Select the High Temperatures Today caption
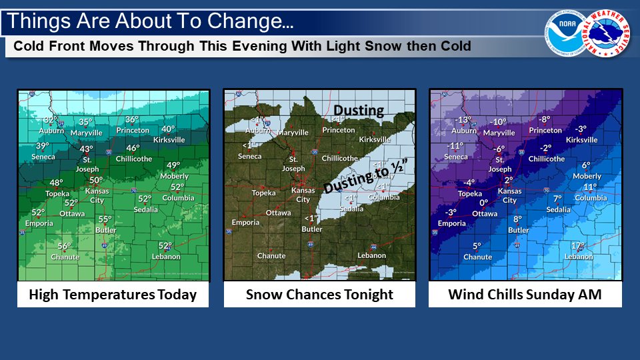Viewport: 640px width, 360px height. click(x=113, y=295)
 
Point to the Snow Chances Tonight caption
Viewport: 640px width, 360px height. click(x=319, y=295)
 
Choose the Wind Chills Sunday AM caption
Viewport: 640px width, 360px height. click(x=525, y=295)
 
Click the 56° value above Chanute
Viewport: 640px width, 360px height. click(x=64, y=246)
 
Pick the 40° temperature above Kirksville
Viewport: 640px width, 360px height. click(x=167, y=129)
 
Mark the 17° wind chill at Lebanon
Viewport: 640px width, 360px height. click(x=578, y=245)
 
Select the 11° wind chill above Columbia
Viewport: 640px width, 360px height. click(x=590, y=187)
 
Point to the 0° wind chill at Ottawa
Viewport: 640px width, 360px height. click(x=484, y=203)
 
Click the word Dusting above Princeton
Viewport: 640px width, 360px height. click(x=359, y=110)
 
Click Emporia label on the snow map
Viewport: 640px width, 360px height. click(x=245, y=222)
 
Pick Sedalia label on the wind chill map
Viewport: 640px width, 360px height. click(x=558, y=209)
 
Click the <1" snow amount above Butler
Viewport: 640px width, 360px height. click(x=311, y=219)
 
